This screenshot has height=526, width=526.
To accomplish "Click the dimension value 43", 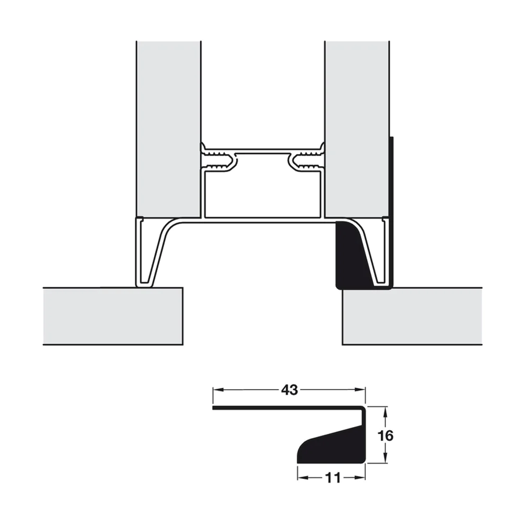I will pos(289,390).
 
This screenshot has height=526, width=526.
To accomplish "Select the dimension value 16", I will pos(386,436).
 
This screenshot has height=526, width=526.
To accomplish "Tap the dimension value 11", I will pos(332,478).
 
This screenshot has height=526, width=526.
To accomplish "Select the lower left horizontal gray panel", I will pos(113,316).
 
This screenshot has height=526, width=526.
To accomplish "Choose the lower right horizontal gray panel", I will pos(412,316).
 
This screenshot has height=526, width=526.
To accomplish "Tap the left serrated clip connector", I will pos(218,159).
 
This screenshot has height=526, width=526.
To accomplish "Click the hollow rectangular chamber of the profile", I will pos(262,193).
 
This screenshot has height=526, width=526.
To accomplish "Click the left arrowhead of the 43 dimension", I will pos(216,390).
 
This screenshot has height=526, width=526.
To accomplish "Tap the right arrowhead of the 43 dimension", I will pos(362,390).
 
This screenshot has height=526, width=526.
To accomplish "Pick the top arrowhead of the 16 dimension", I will pos(386,410).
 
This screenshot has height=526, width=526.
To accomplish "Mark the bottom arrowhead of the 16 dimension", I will pos(386,460).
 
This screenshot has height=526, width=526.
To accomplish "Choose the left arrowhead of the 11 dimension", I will pos(301,478).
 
